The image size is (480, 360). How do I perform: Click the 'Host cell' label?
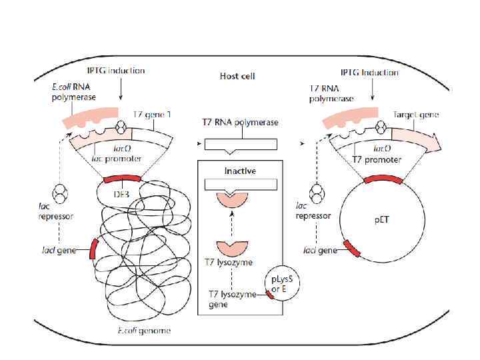click(x=238, y=77)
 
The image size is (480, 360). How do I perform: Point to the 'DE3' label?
click(x=121, y=193)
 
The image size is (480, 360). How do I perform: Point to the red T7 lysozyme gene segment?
click(x=271, y=295)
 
